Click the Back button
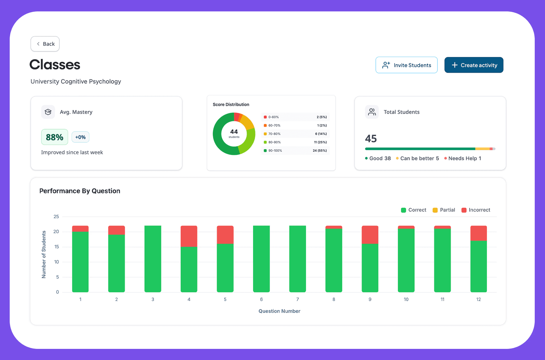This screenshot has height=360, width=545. point(45,44)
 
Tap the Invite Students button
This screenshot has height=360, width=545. point(406,65)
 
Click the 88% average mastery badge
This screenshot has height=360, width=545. point(54,137)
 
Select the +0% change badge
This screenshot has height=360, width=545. point(80,137)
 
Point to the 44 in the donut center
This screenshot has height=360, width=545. point(234,132)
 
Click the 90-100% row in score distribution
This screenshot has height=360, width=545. point(295,151)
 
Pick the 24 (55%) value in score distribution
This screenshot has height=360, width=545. point(320,151)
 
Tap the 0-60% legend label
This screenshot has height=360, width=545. point(273,117)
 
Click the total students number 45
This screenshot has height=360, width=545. point(371,139)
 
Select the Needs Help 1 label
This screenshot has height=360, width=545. point(463,158)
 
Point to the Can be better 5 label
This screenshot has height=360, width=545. point(417,158)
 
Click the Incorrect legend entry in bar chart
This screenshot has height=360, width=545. point(476,210)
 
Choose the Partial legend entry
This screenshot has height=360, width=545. point(444,210)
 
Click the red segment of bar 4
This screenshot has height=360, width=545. point(189,236)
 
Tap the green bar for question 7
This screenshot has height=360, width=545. point(298,259)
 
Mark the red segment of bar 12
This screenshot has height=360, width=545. point(479,233)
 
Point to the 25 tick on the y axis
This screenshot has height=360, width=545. point(56,217)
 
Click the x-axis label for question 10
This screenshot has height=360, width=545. point(406,299)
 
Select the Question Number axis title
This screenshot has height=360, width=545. point(279,311)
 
